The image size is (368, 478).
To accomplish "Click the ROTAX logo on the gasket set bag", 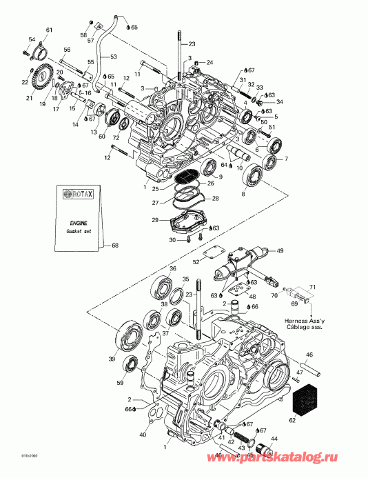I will click(78, 195).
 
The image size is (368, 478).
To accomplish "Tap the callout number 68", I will click(115, 245).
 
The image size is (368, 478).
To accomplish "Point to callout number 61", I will click(48, 29).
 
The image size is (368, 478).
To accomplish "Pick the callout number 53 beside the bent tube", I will click(114, 57).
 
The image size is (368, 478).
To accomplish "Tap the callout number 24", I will click(211, 62).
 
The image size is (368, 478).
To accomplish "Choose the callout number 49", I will click(280, 251).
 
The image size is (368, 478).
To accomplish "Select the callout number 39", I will click(111, 359).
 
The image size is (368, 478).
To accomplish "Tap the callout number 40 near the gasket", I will click(143, 435).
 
